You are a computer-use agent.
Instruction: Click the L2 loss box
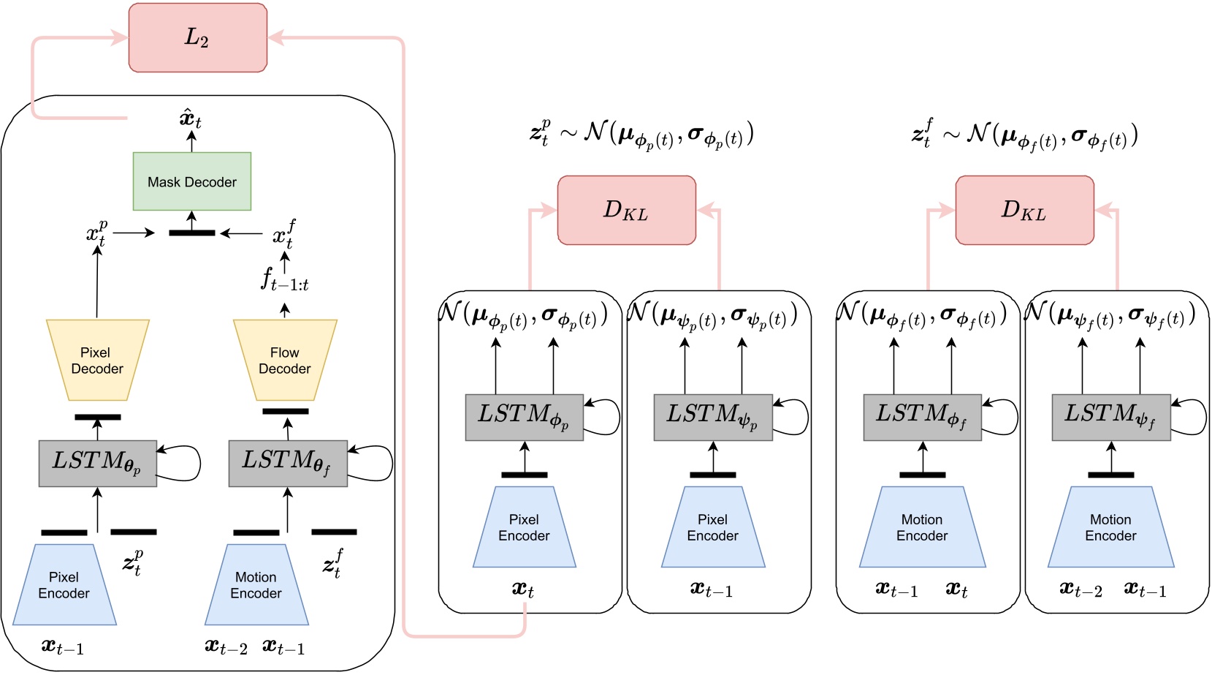click(x=197, y=37)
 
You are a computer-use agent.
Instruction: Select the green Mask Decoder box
click(x=191, y=181)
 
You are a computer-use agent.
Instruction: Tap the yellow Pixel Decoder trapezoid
click(x=97, y=360)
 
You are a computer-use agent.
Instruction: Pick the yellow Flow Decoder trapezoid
click(x=285, y=360)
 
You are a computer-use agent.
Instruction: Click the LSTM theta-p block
click(x=97, y=463)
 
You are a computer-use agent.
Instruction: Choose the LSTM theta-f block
click(x=287, y=463)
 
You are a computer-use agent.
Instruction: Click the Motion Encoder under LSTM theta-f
click(x=256, y=585)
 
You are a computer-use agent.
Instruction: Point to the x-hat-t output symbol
click(x=191, y=118)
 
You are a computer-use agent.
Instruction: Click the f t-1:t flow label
click(x=285, y=280)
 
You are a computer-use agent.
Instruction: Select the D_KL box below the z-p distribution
click(x=626, y=210)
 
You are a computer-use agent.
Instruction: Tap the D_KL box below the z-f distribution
click(x=1024, y=210)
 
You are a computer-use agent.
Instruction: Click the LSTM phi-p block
click(x=524, y=417)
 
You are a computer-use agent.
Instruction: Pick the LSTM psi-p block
click(x=712, y=417)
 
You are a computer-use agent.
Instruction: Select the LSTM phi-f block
click(x=922, y=417)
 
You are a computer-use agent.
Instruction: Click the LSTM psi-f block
click(x=1110, y=417)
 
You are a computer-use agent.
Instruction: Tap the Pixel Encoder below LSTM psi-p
click(x=712, y=527)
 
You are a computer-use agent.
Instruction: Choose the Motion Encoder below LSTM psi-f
click(x=1110, y=527)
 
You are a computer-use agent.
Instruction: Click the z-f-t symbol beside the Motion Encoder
click(x=333, y=563)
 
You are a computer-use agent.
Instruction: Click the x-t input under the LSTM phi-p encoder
click(x=523, y=589)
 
